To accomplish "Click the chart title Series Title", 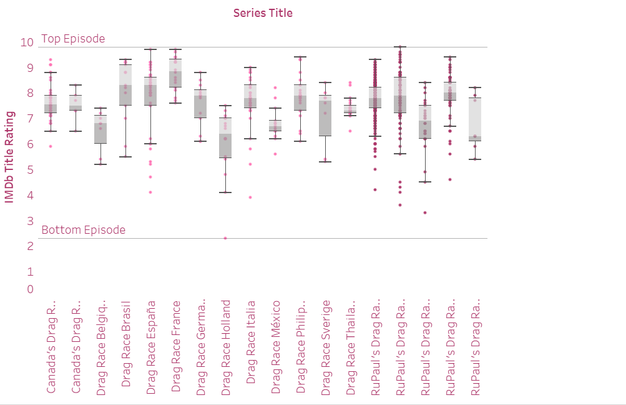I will coord(263,12).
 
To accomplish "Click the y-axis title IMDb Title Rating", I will coord(9,157).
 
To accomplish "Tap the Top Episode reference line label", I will coord(73,39).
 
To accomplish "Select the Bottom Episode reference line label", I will coord(83,230).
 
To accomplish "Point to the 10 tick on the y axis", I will coord(26,42).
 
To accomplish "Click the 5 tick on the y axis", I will coord(29,170).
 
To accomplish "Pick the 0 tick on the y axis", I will coord(29,289).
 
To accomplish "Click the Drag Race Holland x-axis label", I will coord(226,347).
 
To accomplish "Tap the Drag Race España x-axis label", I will coord(151,347).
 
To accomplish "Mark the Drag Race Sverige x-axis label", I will coord(326,347).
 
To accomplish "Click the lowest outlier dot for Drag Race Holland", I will coord(225,238).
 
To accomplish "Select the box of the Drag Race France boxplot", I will coord(175,72).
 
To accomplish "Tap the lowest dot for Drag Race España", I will coord(150,192).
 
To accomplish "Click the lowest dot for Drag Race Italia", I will coord(250,197).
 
